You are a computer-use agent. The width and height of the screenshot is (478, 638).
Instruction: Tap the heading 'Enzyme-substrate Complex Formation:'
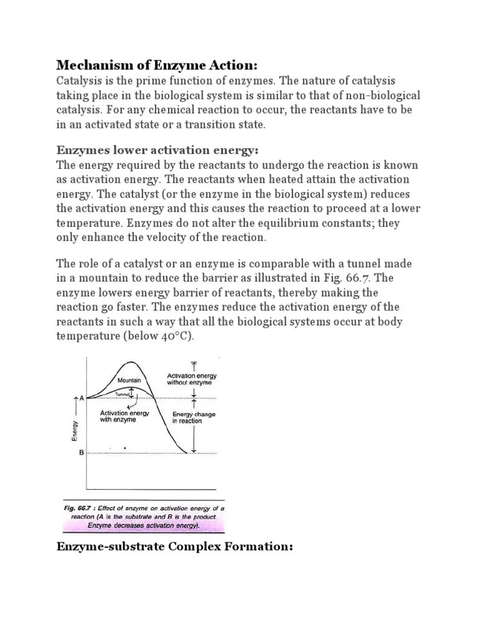(x=174, y=548)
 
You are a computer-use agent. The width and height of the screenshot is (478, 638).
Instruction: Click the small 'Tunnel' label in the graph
(x=125, y=394)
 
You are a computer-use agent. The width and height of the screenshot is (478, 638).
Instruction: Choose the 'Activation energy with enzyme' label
(x=124, y=416)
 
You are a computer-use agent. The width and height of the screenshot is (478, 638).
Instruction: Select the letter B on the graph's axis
(x=81, y=453)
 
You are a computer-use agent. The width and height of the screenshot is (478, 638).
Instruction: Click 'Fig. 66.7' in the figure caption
(x=79, y=508)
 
